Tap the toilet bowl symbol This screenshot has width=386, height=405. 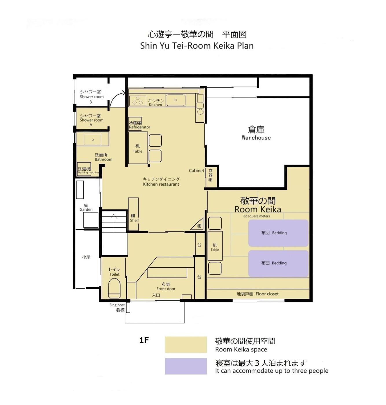114,288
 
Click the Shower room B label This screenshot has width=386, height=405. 92,97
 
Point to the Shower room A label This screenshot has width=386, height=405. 91,120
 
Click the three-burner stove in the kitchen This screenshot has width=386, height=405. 138,101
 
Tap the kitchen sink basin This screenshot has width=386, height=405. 176,100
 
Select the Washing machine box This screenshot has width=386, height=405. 84,169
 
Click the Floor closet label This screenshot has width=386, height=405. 258,294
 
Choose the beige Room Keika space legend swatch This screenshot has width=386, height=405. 186,345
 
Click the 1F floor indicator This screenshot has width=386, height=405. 144,340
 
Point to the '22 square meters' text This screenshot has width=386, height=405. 256,216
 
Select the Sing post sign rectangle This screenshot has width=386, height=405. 128,307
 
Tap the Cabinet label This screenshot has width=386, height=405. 196,171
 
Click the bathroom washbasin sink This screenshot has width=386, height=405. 93,139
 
